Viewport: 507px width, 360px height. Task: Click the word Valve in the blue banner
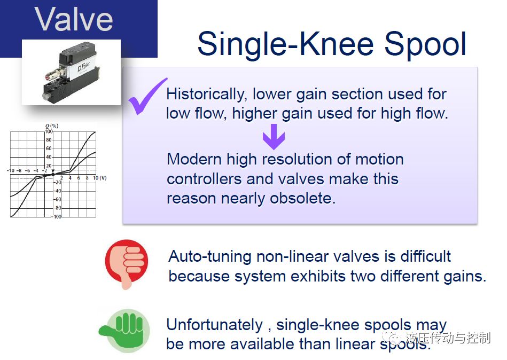pyautogui.click(x=74, y=19)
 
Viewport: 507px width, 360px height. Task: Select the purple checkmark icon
pyautogui.click(x=148, y=96)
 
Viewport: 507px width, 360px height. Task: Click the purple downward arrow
pyautogui.click(x=274, y=136)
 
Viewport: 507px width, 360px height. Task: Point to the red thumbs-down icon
pyautogui.click(x=127, y=264)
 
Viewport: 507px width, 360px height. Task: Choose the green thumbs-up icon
pyautogui.click(x=124, y=331)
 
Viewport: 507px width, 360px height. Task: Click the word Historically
pyautogui.click(x=205, y=95)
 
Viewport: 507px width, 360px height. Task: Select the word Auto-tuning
pyautogui.click(x=210, y=256)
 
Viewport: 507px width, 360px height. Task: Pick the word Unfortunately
pyautogui.click(x=215, y=325)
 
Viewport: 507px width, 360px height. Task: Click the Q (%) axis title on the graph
pyautogui.click(x=52, y=126)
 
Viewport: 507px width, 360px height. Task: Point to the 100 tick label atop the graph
pyautogui.click(x=49, y=131)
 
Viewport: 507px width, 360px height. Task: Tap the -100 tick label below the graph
pyautogui.click(x=57, y=216)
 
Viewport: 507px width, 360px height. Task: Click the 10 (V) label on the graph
pyautogui.click(x=99, y=178)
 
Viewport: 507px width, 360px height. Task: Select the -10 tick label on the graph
pyautogui.click(x=10, y=170)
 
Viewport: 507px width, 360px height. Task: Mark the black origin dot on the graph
pyautogui.click(x=53, y=175)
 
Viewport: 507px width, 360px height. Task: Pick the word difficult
pyautogui.click(x=425, y=256)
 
